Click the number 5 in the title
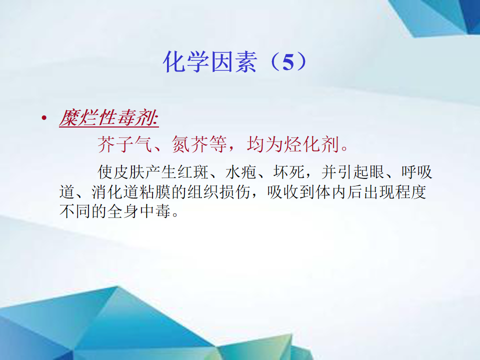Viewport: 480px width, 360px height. tap(288, 62)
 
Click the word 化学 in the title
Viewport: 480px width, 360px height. tap(186, 62)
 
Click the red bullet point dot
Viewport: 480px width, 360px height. tap(44, 117)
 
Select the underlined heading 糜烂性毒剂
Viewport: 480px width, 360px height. tap(109, 117)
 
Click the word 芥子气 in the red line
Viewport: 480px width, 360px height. tap(125, 144)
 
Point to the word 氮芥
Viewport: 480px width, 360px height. tap(190, 144)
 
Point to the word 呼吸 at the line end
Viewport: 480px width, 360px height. tap(417, 172)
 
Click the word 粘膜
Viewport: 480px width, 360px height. tap(155, 192)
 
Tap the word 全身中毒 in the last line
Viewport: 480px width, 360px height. tap(139, 211)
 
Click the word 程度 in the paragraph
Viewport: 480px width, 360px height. tap(410, 192)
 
